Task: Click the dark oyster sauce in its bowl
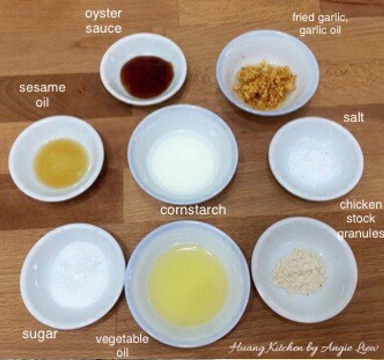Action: (147, 77)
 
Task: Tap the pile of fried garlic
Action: (265, 85)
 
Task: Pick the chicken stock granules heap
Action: (299, 271)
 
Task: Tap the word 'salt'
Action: (353, 118)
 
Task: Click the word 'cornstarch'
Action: (193, 210)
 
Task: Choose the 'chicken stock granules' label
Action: (360, 219)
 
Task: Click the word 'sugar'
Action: (40, 334)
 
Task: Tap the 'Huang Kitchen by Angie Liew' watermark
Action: (303, 348)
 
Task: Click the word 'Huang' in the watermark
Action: (245, 347)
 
